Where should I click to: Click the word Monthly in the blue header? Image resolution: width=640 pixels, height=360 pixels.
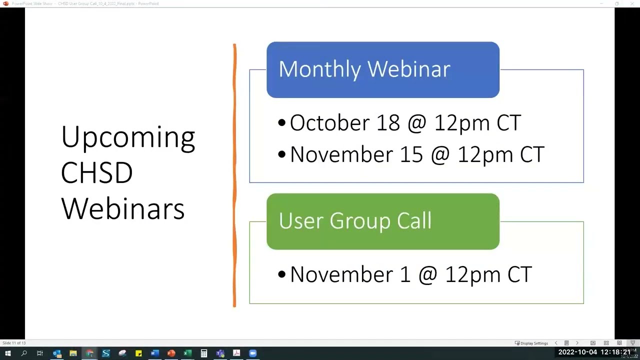tap(319, 69)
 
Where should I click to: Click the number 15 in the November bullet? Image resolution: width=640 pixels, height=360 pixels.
tap(411, 154)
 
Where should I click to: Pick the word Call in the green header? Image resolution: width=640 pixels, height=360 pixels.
tap(414, 221)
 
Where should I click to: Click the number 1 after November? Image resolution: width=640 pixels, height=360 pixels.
tap(404, 274)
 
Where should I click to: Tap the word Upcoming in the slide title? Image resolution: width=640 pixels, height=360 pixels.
tap(128, 137)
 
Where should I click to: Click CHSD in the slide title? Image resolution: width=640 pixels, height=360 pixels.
tap(96, 173)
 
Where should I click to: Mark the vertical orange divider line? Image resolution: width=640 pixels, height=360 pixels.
tap(234, 175)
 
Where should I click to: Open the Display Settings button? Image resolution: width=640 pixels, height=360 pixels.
tap(531, 343)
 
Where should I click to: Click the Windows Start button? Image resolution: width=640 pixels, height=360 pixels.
tap(7, 353)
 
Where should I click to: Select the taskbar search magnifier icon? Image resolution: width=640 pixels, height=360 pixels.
tap(24, 353)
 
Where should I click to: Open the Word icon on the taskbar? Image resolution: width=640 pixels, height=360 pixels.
tap(155, 353)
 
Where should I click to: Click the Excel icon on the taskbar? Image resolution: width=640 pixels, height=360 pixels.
tap(187, 353)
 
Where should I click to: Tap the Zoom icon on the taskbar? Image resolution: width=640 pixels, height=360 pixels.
tap(253, 353)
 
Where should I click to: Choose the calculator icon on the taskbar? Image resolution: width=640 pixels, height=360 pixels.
tap(204, 353)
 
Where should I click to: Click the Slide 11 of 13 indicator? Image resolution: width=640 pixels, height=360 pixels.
tap(14, 343)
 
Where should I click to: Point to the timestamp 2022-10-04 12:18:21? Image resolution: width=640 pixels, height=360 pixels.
tap(594, 352)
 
